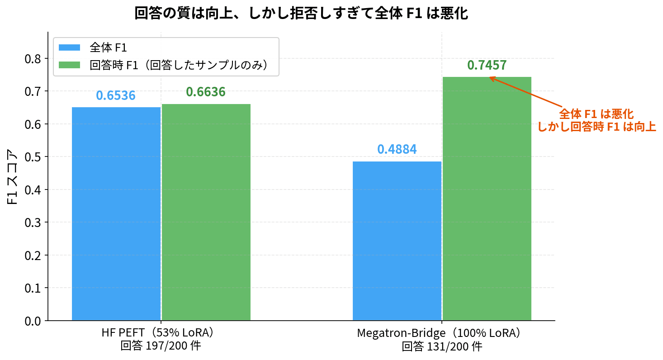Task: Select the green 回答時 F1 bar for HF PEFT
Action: [206, 212]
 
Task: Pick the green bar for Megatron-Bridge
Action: [487, 199]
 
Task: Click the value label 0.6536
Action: [116, 96]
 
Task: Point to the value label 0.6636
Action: [206, 92]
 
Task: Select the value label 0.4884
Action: [397, 149]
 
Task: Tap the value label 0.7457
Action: [487, 66]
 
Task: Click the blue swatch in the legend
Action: [69, 47]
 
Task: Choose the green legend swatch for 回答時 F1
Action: [69, 65]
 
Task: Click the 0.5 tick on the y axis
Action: [35, 157]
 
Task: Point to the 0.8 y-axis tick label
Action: [35, 59]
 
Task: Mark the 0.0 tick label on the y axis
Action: [35, 321]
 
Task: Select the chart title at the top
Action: [301, 14]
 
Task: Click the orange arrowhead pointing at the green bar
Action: [492, 78]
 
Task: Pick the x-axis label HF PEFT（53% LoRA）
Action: [161, 333]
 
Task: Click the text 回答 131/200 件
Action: [442, 347]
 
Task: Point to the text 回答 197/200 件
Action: [161, 347]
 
